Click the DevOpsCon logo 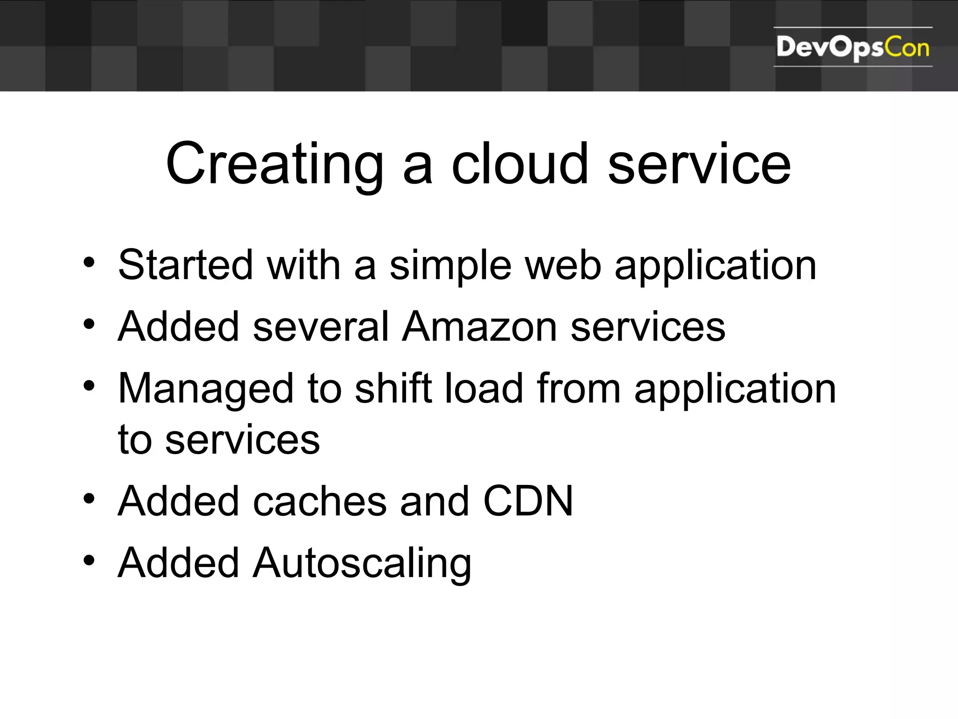[x=852, y=47]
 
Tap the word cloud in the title [x=519, y=164]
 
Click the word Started [x=185, y=265]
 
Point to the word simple [x=450, y=266]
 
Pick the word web [x=563, y=265]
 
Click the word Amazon [x=479, y=326]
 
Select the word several [x=320, y=326]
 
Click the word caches [x=319, y=501]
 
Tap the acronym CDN [x=528, y=501]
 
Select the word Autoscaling [x=362, y=563]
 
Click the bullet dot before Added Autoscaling [x=89, y=560]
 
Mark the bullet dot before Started [x=89, y=262]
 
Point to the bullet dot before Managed [x=89, y=385]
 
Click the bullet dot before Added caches [x=89, y=498]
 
